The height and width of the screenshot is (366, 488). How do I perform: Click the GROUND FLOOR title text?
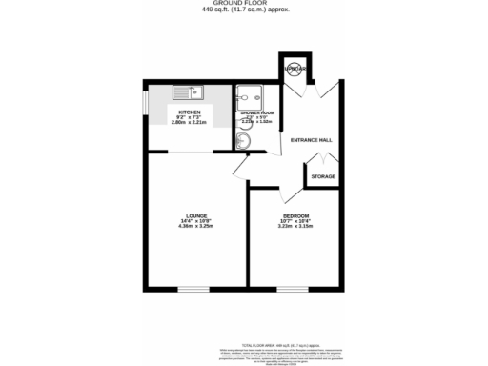(244, 4)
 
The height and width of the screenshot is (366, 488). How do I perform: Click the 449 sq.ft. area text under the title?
(244, 10)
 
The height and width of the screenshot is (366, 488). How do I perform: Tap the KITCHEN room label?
(189, 112)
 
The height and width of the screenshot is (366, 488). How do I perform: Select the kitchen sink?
(189, 93)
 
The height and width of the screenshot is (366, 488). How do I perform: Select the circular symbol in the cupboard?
(295, 69)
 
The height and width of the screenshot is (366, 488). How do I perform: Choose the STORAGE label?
(323, 176)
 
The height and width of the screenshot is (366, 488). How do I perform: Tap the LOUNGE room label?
(197, 215)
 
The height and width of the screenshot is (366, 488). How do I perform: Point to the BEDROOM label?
(295, 215)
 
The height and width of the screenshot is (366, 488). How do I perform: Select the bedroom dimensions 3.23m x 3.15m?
(295, 227)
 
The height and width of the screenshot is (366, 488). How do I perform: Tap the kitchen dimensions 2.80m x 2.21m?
(189, 123)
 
